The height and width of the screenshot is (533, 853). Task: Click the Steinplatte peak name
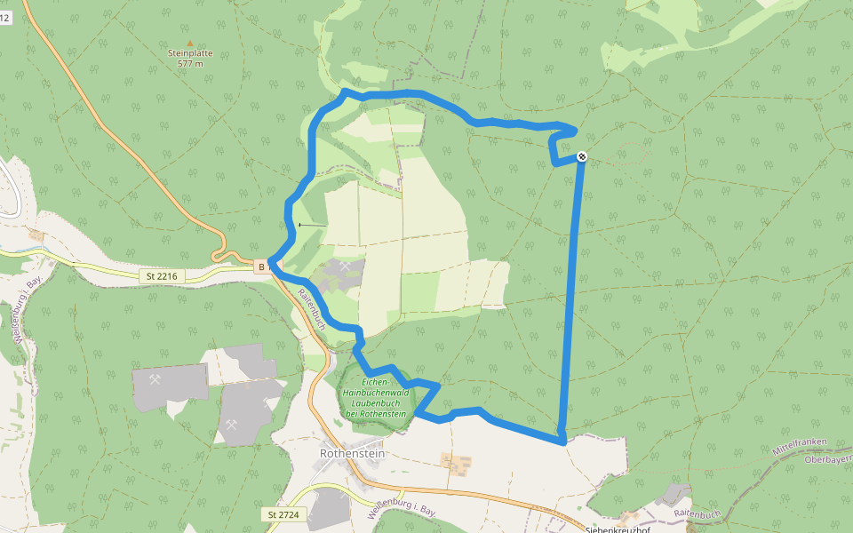click(190, 53)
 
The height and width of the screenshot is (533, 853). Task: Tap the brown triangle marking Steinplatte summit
click(189, 42)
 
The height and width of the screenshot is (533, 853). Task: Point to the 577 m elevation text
click(190, 64)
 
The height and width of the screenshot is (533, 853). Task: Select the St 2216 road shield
click(162, 276)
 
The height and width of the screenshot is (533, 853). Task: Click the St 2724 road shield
click(285, 514)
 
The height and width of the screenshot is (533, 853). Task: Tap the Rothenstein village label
click(353, 453)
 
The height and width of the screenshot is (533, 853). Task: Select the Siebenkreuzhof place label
click(621, 529)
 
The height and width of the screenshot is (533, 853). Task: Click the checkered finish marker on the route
click(581, 157)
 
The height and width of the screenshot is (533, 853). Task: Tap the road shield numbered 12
click(4, 18)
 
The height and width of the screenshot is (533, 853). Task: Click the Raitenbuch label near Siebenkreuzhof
click(697, 514)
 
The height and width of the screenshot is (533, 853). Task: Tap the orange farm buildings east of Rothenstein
click(457, 462)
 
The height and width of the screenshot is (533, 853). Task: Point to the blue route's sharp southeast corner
click(562, 440)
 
